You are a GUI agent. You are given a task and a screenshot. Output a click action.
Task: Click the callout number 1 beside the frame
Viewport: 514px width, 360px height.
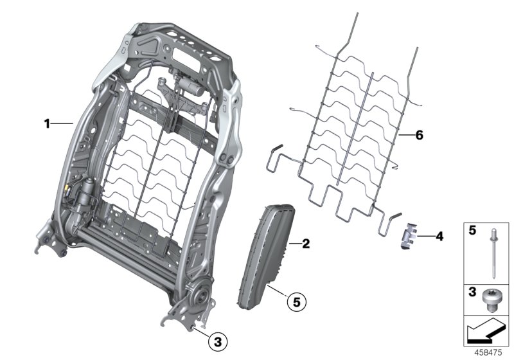tap(47, 123)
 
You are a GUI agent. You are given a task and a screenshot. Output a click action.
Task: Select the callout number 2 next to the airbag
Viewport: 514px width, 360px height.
tap(306, 244)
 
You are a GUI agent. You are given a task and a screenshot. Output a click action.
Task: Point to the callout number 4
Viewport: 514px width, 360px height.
tap(439, 237)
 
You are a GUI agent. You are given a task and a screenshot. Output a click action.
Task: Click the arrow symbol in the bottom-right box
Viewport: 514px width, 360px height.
tap(486, 332)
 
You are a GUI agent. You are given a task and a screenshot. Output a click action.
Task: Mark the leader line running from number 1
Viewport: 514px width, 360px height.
tap(63, 123)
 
